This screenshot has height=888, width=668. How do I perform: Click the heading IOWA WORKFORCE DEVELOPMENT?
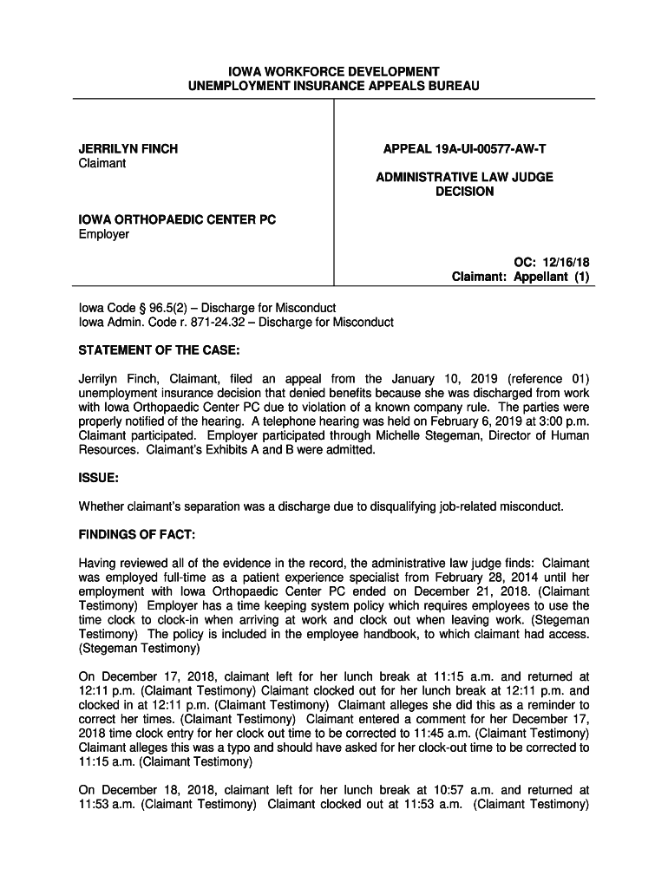pos(334,71)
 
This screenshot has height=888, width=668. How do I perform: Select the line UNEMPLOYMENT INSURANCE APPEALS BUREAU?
pos(334,87)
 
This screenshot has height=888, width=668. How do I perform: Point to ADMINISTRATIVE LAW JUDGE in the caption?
pos(464,177)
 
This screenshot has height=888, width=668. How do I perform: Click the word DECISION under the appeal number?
pos(464,192)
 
